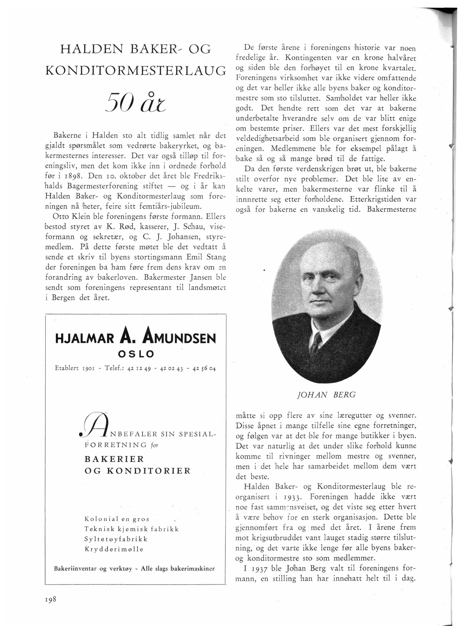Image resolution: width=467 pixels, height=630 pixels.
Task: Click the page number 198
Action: coord(51,599)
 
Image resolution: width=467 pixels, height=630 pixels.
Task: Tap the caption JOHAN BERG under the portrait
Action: coord(326,395)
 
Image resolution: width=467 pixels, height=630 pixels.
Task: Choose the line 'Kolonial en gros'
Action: coord(117,519)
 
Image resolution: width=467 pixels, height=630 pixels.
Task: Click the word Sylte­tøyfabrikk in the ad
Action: coord(116,539)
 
